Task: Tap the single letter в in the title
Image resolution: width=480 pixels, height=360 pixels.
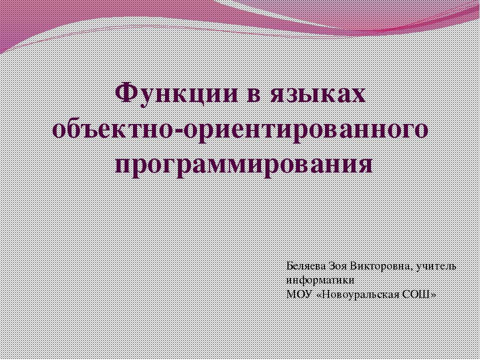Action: click(260, 94)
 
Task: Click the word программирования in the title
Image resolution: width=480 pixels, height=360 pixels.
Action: click(243, 164)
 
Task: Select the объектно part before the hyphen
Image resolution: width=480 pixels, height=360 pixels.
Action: click(115, 130)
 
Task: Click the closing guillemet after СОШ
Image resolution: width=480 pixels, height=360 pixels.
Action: click(433, 294)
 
